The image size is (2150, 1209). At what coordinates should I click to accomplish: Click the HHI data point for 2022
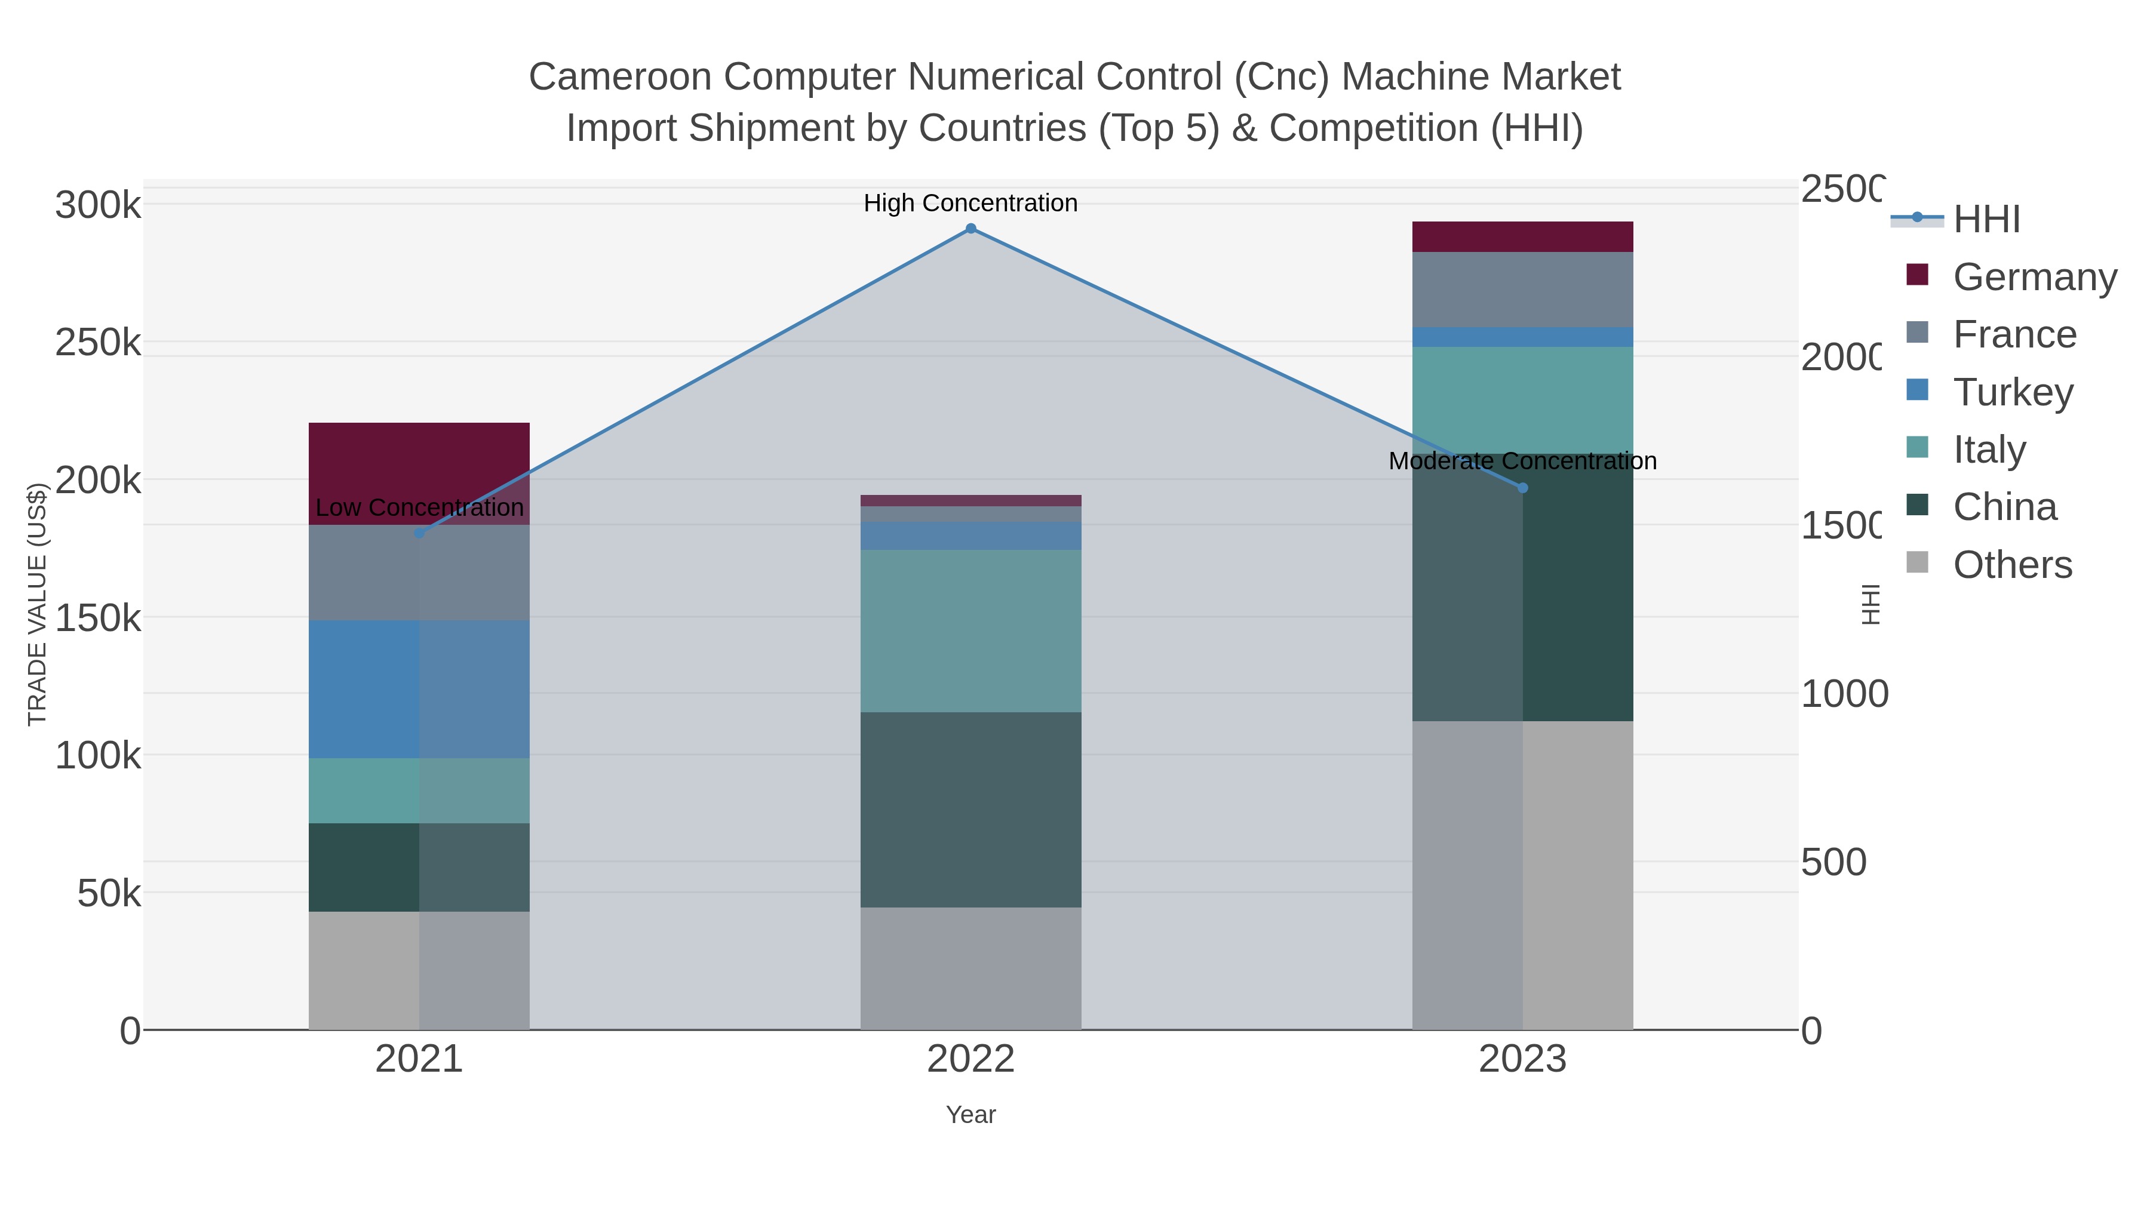(x=970, y=229)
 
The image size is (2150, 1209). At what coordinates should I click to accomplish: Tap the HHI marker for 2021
(x=419, y=533)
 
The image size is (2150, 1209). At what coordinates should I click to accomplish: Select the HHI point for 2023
(x=1522, y=488)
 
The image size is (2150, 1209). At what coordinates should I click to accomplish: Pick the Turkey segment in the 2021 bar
(x=419, y=689)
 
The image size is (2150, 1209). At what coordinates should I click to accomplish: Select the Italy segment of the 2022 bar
(x=970, y=631)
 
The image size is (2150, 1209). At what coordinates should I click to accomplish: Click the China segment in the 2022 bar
(x=970, y=810)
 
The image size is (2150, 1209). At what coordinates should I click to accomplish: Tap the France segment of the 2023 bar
(x=1522, y=290)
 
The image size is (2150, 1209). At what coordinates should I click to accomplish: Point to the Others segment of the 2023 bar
(x=1522, y=875)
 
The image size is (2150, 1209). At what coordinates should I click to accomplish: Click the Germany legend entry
(x=2035, y=276)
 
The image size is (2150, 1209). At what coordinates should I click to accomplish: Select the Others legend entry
(x=2012, y=565)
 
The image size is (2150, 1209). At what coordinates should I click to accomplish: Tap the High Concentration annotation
(x=970, y=203)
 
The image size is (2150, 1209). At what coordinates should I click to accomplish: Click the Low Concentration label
(x=419, y=507)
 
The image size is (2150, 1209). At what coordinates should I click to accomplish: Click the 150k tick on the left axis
(x=98, y=619)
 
